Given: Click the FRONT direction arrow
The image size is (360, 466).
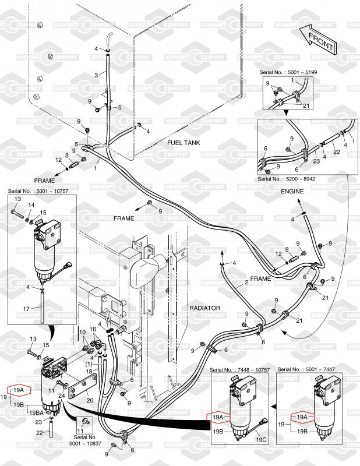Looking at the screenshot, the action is pyautogui.click(x=318, y=39).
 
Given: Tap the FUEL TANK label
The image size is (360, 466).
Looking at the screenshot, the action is pyautogui.click(x=183, y=143).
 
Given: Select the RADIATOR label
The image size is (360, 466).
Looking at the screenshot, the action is pyautogui.click(x=205, y=308).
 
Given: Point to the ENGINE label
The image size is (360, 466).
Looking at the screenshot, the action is pyautogui.click(x=292, y=192).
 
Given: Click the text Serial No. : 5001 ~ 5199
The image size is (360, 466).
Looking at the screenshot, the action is pyautogui.click(x=288, y=72).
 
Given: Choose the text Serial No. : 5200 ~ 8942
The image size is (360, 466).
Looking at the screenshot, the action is pyautogui.click(x=286, y=179).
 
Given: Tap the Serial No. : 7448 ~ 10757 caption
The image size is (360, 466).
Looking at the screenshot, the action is pyautogui.click(x=239, y=370).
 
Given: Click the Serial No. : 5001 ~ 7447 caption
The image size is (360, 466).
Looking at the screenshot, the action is pyautogui.click(x=306, y=369).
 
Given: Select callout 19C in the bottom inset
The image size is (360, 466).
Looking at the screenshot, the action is pyautogui.click(x=262, y=440).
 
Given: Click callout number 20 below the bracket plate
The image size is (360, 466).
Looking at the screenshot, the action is pyautogui.click(x=90, y=400).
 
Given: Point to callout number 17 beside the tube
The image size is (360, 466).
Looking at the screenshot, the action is pyautogui.click(x=26, y=309).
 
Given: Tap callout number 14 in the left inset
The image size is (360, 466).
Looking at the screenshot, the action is pyautogui.click(x=31, y=205).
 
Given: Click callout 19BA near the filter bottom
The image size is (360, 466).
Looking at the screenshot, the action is pyautogui.click(x=37, y=412).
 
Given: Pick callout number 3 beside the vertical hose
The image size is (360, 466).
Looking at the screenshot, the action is pyautogui.click(x=96, y=75).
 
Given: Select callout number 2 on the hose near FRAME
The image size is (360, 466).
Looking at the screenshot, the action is pyautogui.click(x=246, y=283).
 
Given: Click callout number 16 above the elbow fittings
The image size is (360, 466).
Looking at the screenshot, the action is pyautogui.click(x=93, y=329).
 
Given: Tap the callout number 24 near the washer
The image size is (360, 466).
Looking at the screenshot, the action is pyautogui.click(x=62, y=396).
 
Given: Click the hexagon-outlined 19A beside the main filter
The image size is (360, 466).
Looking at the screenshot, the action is pyautogui.click(x=19, y=390).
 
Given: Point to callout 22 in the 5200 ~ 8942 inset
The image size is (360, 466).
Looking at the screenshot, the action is pyautogui.click(x=336, y=152).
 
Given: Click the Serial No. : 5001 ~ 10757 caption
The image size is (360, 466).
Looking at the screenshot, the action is pyautogui.click(x=38, y=191).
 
